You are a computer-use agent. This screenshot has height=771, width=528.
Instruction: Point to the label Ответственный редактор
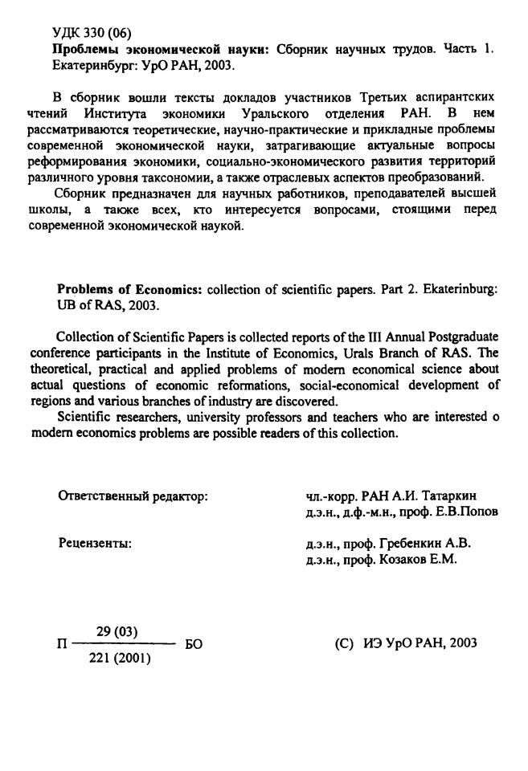[x=133, y=496]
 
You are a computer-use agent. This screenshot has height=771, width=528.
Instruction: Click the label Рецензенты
[x=96, y=544]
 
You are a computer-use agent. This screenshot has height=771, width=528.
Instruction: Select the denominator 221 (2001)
[x=120, y=659]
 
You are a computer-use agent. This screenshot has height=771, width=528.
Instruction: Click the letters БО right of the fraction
[x=194, y=645]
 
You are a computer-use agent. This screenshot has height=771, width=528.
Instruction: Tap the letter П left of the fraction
[x=63, y=645]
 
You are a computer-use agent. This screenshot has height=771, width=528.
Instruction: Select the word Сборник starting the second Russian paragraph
[x=80, y=194]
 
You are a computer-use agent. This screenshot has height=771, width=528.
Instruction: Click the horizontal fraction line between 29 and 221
[x=122, y=645]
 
